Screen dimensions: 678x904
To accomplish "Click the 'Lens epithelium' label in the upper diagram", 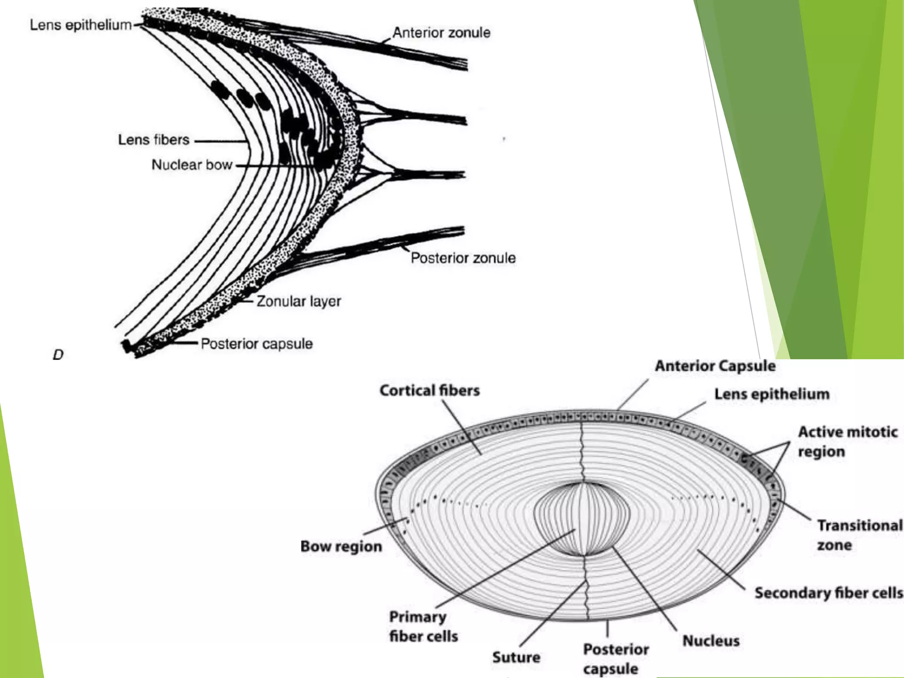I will coord(81,25).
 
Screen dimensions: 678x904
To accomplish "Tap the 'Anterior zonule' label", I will coord(441,33).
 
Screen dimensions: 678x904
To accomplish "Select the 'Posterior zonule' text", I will coord(463,258).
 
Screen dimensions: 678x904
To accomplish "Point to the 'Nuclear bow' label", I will coord(192,165).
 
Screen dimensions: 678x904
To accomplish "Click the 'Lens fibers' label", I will coord(154,140).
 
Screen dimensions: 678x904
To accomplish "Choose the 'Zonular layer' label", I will coord(299,301).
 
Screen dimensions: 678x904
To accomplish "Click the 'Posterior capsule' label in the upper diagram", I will coord(256,344).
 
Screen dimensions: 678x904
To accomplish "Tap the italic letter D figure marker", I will coord(58,354).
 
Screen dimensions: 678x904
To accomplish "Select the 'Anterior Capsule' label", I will coord(715,366).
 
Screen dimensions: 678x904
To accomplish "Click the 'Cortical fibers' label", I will coord(429,391).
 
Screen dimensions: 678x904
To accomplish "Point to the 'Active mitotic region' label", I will coord(847,441).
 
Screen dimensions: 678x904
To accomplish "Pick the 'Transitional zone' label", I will coord(859,535).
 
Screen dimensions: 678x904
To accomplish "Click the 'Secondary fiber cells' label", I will coord(829,593).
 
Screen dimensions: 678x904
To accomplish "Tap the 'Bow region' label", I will coord(341,546).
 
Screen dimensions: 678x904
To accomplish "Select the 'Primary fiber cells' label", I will coord(423,626).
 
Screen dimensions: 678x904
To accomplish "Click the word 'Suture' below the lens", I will coord(516,657).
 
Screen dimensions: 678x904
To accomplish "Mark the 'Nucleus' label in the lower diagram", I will coord(711,640).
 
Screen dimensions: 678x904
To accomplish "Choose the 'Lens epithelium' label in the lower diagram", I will coord(772,394).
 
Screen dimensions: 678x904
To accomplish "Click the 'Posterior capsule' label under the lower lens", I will coord(616,659).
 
